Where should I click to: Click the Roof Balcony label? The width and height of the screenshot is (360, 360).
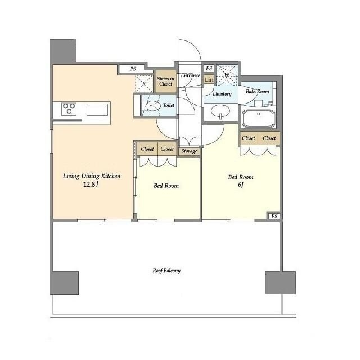click(x=166, y=271)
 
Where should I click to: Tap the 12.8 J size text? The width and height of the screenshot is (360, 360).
click(x=91, y=184)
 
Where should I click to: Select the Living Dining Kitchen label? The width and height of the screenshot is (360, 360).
click(x=91, y=176)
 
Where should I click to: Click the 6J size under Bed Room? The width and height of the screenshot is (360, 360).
click(x=240, y=184)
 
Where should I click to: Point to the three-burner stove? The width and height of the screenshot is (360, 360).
click(x=69, y=109)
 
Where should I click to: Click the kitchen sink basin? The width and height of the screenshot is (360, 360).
click(x=97, y=110)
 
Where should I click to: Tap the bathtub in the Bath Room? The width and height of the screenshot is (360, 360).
click(x=259, y=118)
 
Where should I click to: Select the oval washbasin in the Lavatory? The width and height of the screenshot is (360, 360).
click(x=220, y=111)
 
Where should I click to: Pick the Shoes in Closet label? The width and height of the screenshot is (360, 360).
click(x=166, y=81)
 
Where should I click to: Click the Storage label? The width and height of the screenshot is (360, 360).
click(x=189, y=151)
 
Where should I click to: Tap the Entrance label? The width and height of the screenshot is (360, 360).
click(x=190, y=75)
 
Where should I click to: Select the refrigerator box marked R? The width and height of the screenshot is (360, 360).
click(x=144, y=84)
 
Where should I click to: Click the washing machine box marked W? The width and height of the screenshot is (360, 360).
click(x=227, y=74)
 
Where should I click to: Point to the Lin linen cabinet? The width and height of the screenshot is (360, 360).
click(x=209, y=80)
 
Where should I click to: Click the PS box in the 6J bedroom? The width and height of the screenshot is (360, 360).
click(x=274, y=216)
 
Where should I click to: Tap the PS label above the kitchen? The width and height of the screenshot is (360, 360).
click(x=133, y=69)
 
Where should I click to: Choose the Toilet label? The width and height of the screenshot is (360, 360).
click(x=169, y=105)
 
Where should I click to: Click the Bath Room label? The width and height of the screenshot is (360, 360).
click(x=258, y=91)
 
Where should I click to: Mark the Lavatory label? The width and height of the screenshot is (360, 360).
click(x=222, y=94)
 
